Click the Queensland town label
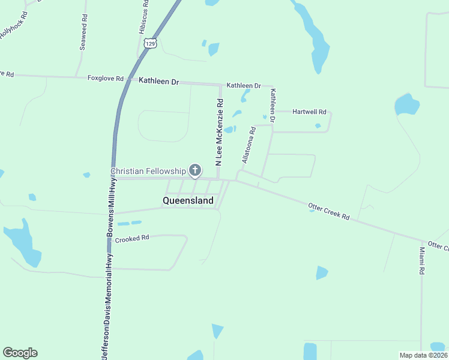[188, 200]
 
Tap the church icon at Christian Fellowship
[195, 171]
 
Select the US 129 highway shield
[151, 44]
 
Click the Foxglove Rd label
[105, 79]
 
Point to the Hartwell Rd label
[309, 112]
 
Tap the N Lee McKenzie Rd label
[219, 132]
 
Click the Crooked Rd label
[132, 238]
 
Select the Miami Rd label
[422, 260]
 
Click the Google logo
[20, 353]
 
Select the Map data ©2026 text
[423, 355]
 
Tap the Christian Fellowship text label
[148, 172]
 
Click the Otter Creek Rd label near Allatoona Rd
[328, 211]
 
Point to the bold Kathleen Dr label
[159, 81]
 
